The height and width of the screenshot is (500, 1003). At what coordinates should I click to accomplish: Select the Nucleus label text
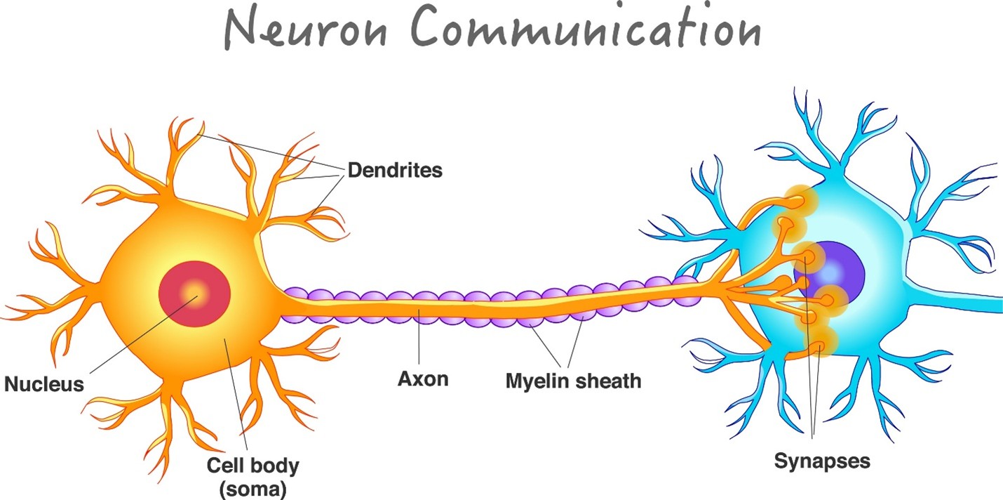coord(43,384)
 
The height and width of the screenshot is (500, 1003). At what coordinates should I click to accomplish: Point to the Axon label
coord(423,380)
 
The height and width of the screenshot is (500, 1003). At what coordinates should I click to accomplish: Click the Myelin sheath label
coord(573,381)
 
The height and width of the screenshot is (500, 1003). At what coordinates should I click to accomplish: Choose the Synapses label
coord(822,461)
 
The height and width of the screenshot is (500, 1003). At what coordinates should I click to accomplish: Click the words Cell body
coord(253,465)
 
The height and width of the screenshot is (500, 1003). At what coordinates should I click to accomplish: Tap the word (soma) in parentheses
coord(253,488)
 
